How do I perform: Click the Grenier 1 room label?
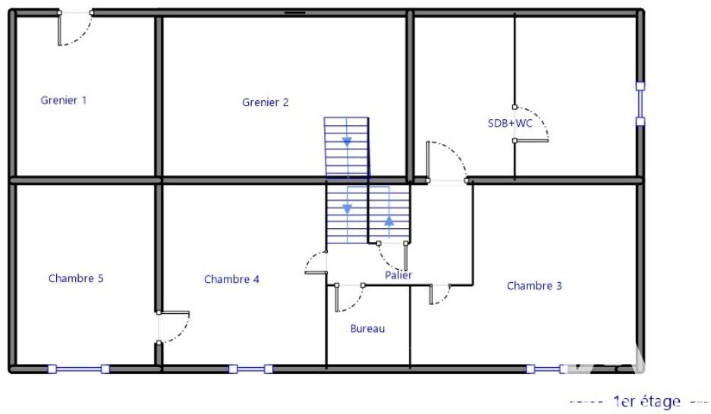pos(64,100)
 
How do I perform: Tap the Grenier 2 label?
pos(266,102)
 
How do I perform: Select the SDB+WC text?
pos(510,123)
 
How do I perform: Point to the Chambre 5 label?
pos(76,278)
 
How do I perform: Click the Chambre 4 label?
pos(231,279)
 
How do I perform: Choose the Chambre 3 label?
pos(534,286)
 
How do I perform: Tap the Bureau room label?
pos(367,329)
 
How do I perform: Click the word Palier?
pos(398,275)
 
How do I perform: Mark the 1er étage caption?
pos(647,401)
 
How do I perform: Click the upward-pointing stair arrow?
pos(389,221)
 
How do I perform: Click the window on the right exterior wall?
pos(640,104)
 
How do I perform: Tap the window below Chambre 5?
pos(79,369)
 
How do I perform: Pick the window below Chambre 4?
pos(250,369)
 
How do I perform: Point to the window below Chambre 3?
pos(546,369)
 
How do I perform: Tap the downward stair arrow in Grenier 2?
pos(347,142)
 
